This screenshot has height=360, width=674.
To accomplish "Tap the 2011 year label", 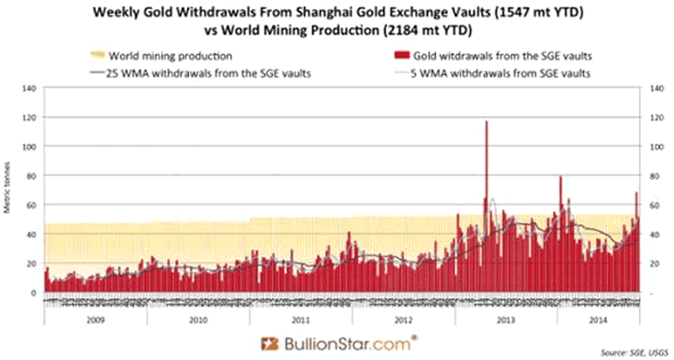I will click(x=299, y=320).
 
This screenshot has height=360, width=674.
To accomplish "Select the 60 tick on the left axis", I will click(x=31, y=205).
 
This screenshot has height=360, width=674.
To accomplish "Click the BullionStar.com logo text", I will click(x=346, y=343).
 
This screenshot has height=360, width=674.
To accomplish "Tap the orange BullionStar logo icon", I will click(x=269, y=343).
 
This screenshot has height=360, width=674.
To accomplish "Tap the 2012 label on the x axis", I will click(x=403, y=320).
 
